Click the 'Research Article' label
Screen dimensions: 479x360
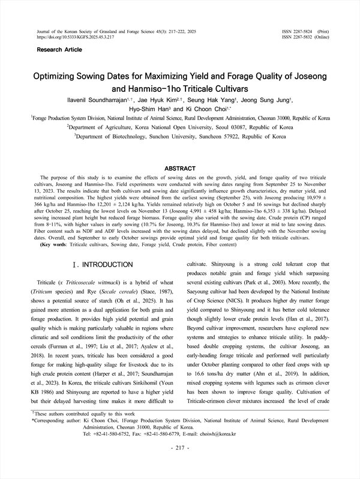click(x=59, y=49)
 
